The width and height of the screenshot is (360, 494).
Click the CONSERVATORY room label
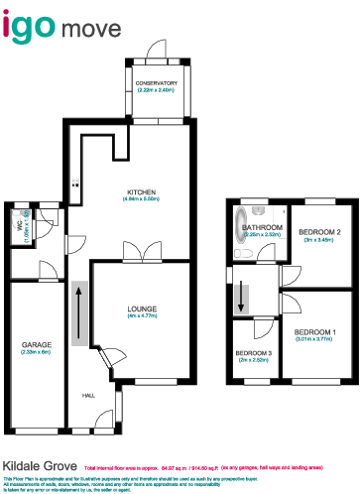click(x=158, y=83)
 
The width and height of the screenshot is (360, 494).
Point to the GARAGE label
click(x=37, y=344)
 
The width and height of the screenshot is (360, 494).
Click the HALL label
click(x=88, y=396)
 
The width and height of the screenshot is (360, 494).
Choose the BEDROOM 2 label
click(x=321, y=232)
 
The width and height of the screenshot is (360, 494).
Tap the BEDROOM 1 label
click(x=316, y=331)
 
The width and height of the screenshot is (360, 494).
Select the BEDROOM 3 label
click(x=254, y=353)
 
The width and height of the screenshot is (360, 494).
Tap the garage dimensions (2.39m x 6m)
click(x=37, y=352)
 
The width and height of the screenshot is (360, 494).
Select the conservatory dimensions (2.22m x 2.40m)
click(x=157, y=90)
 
